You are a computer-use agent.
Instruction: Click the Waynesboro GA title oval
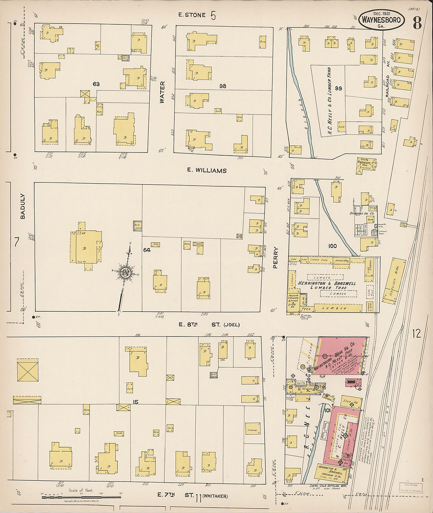coord(381,20)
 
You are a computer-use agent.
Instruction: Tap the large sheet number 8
coord(417,23)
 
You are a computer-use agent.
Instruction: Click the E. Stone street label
coord(192,15)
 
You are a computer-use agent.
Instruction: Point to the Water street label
coord(162,92)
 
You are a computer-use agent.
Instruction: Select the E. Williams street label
coord(207,171)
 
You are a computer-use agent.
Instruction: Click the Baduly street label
coord(22,206)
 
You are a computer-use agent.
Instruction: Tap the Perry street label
coord(276,257)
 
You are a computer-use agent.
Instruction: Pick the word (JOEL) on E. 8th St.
coord(231,325)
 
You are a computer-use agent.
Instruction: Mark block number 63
coord(96,84)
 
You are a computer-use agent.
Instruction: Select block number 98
coord(223,86)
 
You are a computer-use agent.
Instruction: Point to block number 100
coord(332,246)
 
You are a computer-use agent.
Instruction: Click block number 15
coord(135,402)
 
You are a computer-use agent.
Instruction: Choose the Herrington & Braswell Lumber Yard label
coord(327,285)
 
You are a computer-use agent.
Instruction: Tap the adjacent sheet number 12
coord(416,333)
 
